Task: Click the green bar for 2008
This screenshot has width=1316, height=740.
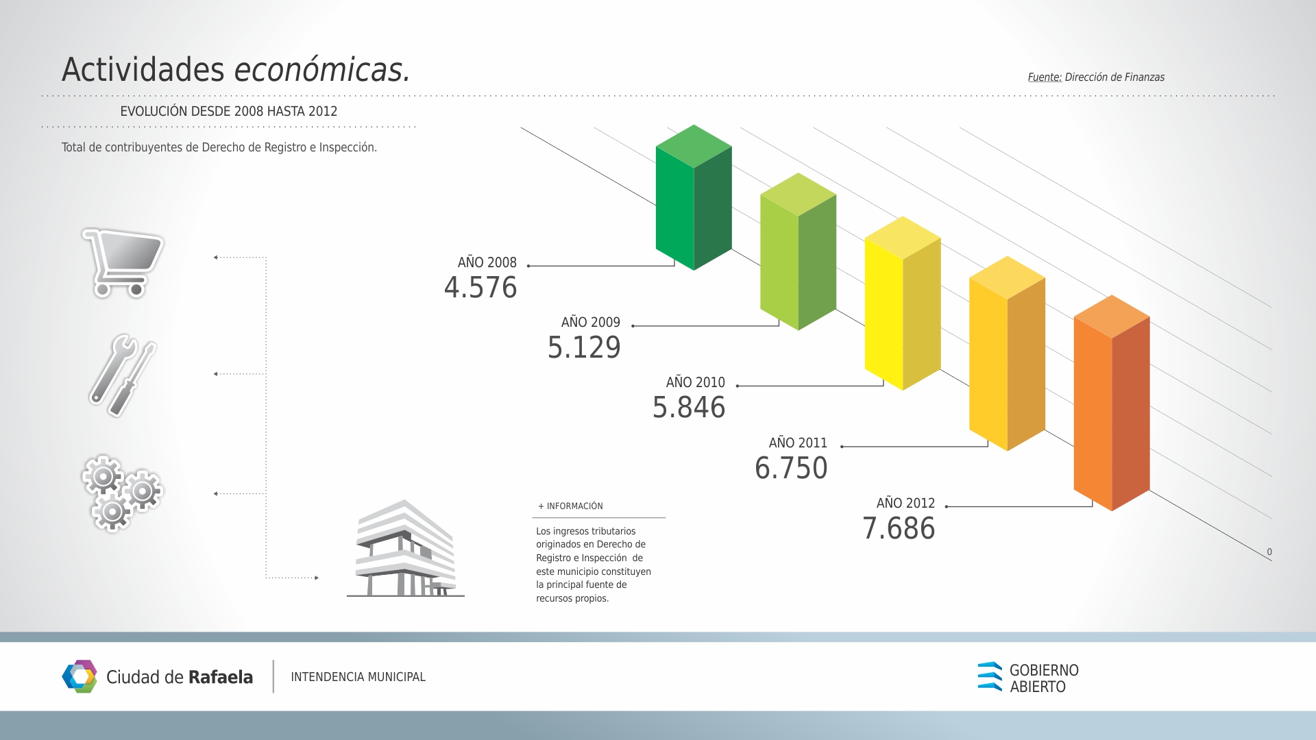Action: click(694, 197)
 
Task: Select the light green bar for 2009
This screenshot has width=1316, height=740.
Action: click(798, 251)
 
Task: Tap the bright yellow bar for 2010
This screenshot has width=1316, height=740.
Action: click(903, 303)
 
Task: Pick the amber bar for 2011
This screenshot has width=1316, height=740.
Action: click(1007, 354)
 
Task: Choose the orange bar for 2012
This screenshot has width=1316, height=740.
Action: click(1112, 403)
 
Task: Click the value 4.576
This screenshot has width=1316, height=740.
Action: click(480, 288)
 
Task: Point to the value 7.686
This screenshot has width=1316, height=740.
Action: click(899, 529)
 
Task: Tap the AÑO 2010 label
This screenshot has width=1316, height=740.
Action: click(696, 382)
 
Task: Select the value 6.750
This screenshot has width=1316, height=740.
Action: click(791, 469)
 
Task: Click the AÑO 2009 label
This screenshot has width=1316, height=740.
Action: click(591, 322)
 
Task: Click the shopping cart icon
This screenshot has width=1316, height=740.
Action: click(123, 263)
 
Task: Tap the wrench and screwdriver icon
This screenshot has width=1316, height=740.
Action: click(123, 375)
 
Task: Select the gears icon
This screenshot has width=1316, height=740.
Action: click(122, 493)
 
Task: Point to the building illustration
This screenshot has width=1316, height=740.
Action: click(405, 548)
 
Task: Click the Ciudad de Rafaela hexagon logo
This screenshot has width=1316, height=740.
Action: click(80, 676)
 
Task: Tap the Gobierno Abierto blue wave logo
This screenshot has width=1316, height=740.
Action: click(990, 676)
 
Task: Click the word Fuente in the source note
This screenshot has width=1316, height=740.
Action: click(1045, 77)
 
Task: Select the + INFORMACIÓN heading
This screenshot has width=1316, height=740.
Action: click(570, 506)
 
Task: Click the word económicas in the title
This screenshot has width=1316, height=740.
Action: click(322, 70)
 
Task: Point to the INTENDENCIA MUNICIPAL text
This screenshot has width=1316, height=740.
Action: click(358, 677)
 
